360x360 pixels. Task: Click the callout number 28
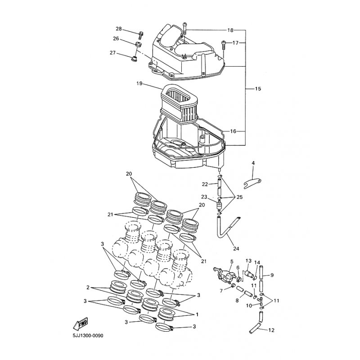point(119,29)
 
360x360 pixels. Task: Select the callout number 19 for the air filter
point(139,83)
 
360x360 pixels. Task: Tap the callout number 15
point(258,89)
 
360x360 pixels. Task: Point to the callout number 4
point(253,163)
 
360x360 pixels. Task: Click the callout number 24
point(236,249)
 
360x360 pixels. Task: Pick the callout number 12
point(271,330)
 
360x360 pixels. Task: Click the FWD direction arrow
point(81,324)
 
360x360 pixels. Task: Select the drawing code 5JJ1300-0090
point(88,336)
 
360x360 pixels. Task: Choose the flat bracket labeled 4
point(252,183)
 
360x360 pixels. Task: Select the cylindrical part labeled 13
point(248,274)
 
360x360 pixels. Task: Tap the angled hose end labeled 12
point(255,328)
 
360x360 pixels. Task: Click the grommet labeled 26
point(138,44)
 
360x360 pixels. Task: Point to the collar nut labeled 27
point(134,58)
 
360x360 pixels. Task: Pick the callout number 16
point(233,131)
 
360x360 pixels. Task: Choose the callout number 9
point(272,275)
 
